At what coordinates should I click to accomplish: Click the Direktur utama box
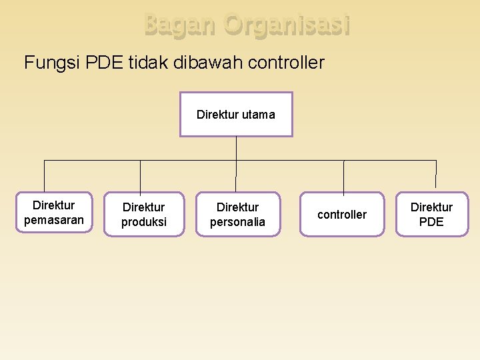(236, 114)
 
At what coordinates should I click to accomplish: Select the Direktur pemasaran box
(54, 212)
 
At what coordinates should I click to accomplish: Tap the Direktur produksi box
(144, 214)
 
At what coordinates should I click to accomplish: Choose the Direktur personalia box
(238, 214)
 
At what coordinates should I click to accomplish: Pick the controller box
(342, 214)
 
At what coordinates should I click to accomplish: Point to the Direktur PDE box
(431, 214)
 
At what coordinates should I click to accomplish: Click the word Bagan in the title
(180, 25)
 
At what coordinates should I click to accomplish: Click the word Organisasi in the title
(287, 25)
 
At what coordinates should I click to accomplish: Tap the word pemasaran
(54, 220)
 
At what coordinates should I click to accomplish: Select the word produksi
(144, 222)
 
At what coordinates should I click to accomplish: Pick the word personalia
(238, 222)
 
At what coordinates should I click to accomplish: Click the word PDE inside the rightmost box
(431, 222)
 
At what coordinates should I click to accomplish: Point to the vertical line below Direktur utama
(237, 148)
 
